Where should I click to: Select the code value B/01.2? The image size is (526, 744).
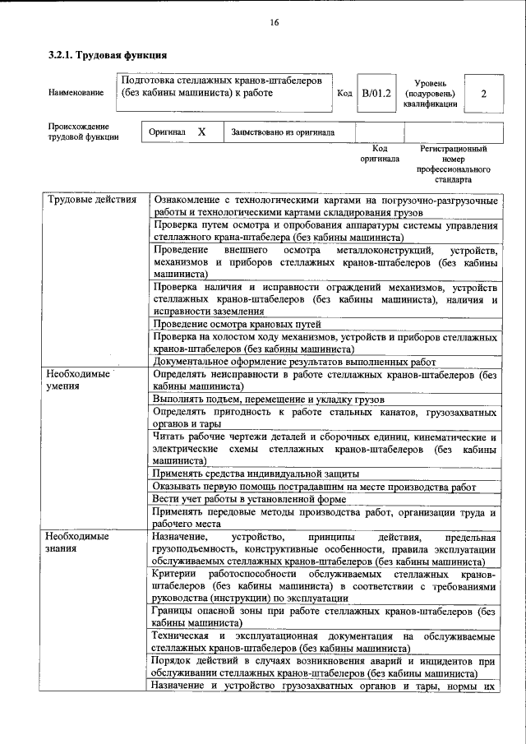[377, 94]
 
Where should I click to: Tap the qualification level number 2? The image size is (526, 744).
[483, 94]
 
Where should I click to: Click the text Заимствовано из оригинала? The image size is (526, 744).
[283, 132]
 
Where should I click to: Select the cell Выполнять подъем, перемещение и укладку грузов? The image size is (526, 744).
[263, 398]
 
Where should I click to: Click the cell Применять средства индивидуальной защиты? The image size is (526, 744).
[256, 474]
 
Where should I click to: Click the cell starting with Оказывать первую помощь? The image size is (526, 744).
[314, 487]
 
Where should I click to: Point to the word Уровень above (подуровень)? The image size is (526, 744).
[430, 83]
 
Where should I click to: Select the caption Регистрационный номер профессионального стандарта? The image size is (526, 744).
[453, 164]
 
